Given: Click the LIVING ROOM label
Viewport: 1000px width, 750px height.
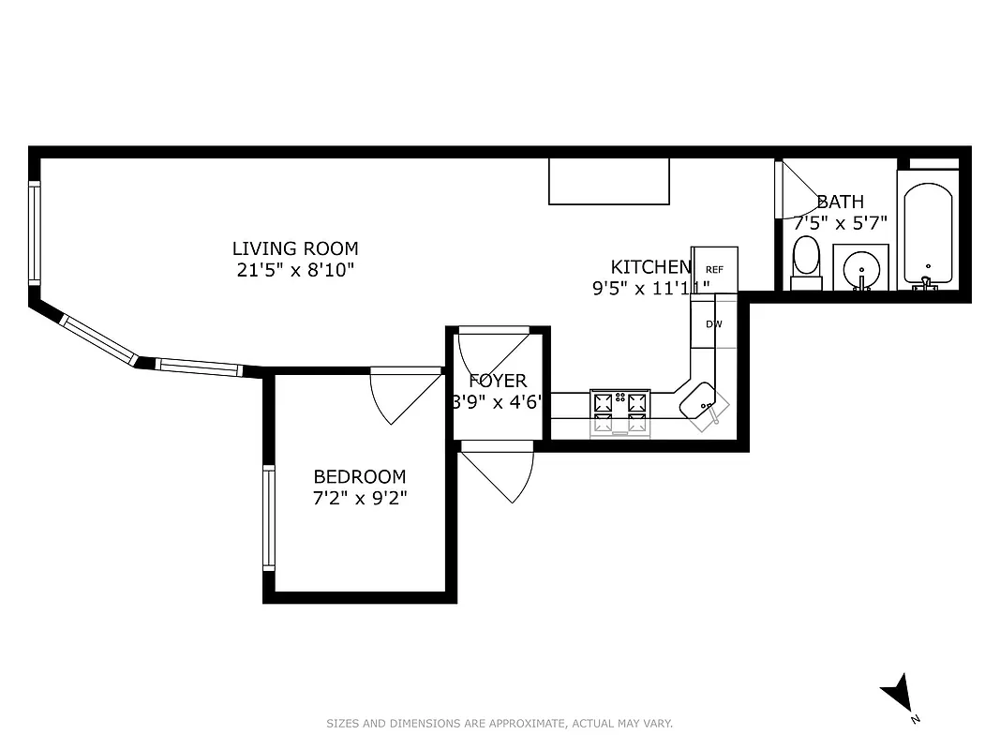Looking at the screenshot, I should [x=295, y=248].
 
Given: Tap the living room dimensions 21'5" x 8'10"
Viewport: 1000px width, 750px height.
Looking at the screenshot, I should [x=295, y=270].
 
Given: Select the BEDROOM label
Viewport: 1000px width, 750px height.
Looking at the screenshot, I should [x=360, y=476].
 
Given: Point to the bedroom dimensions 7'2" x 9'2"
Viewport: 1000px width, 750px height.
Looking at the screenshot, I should [x=360, y=497].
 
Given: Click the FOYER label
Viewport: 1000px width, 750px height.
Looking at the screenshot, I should [x=498, y=381].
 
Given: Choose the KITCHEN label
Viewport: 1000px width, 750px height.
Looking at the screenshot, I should [x=651, y=266].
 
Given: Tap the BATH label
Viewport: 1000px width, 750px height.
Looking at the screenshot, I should [x=840, y=202].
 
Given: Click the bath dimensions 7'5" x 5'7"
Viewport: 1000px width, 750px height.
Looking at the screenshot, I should [x=840, y=223].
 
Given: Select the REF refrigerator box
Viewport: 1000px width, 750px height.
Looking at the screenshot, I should [x=714, y=268].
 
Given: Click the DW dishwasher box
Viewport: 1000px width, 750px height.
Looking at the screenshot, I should [x=714, y=324].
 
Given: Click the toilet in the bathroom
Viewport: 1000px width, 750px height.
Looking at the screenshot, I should [x=806, y=262].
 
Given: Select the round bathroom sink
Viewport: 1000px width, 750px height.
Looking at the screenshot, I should [x=860, y=268].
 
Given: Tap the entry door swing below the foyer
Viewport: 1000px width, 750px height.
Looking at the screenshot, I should [x=501, y=473].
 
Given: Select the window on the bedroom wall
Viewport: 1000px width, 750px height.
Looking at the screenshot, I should [x=269, y=518].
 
